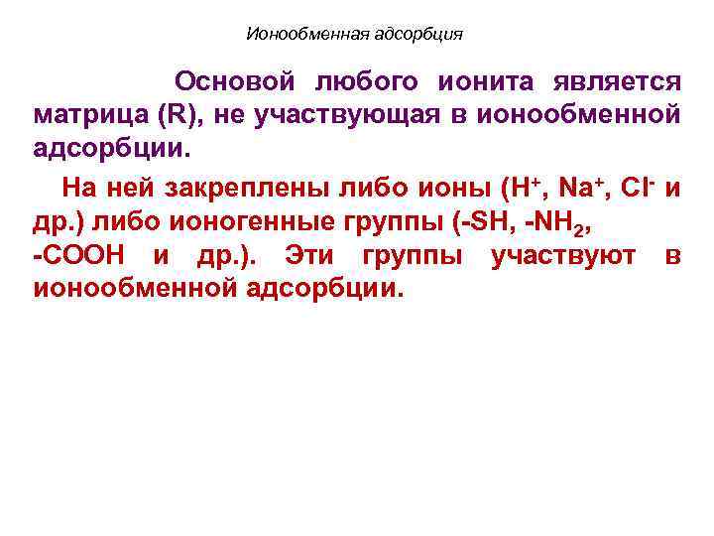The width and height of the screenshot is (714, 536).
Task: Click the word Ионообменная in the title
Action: click(306, 35)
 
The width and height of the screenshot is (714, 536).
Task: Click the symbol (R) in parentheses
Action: click(178, 115)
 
